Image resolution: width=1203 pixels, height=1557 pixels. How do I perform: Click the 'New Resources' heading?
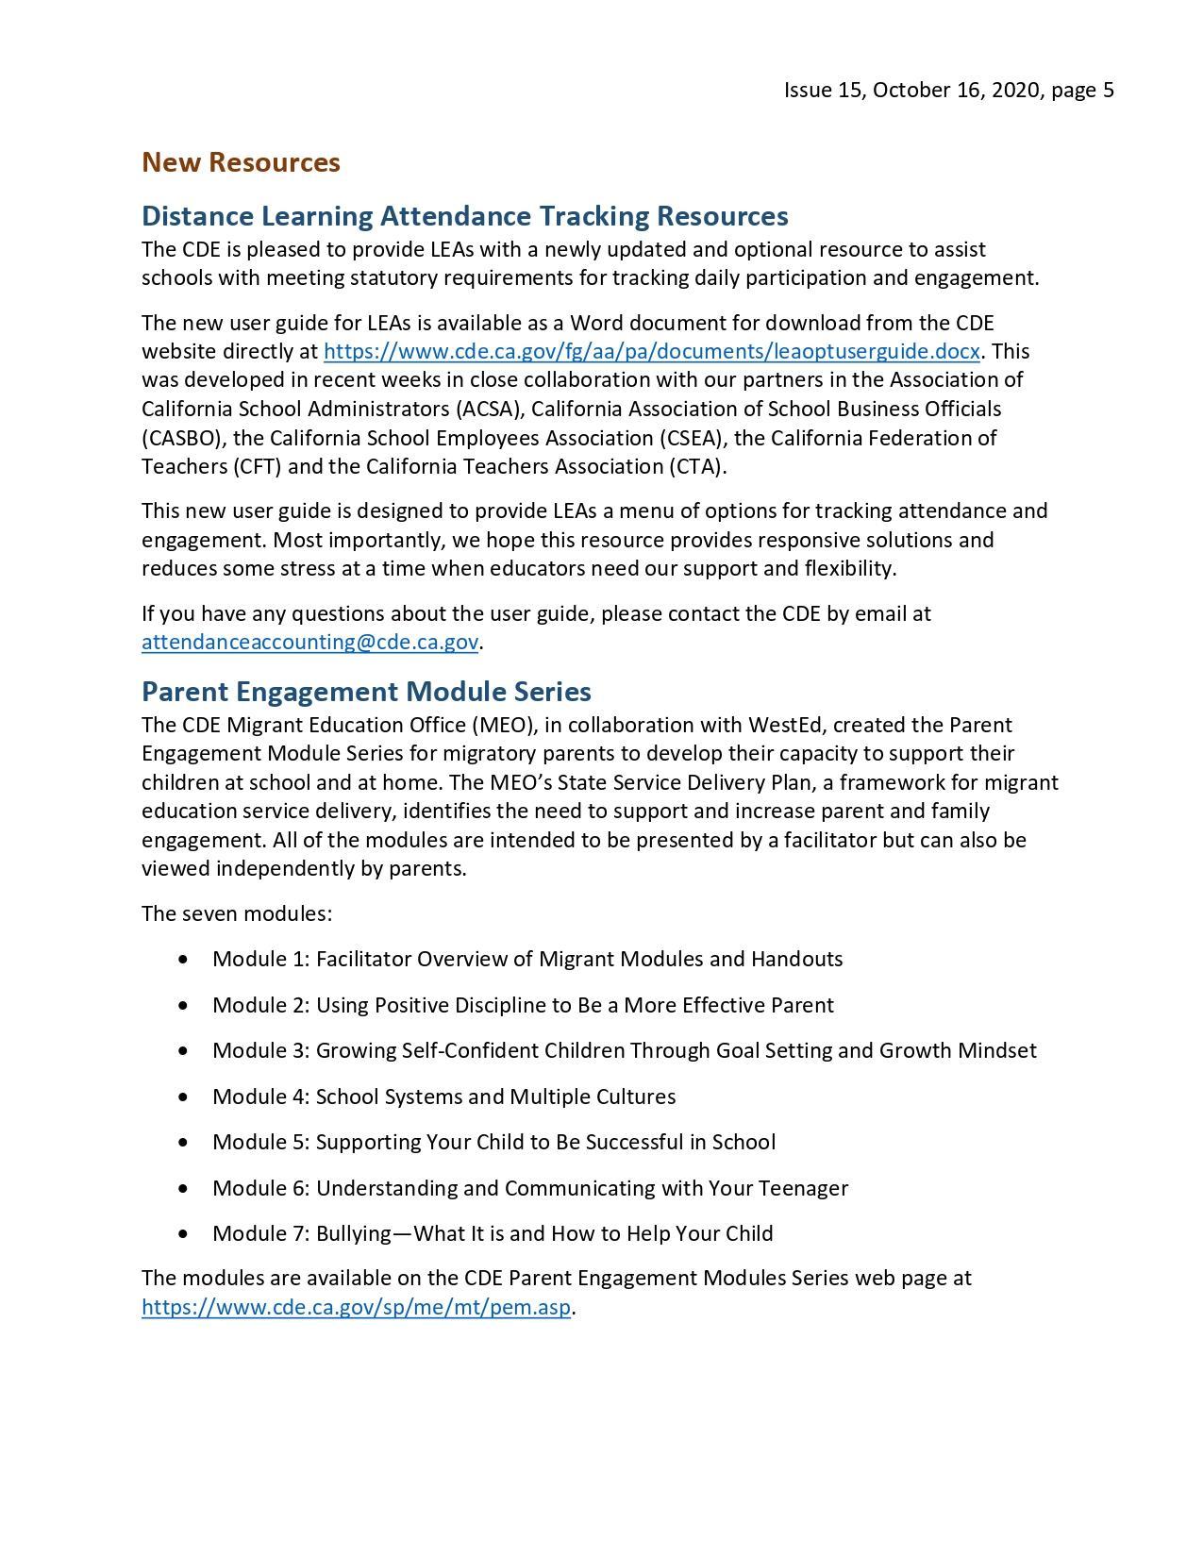(241, 162)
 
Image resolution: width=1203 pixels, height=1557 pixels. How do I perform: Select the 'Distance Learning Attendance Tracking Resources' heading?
(464, 216)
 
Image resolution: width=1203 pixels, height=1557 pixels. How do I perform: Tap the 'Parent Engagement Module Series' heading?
(366, 692)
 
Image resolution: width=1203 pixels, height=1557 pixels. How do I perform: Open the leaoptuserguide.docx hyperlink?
(651, 352)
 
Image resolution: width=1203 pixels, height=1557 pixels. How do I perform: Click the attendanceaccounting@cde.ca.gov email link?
(309, 643)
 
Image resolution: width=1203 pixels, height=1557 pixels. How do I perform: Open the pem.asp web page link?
(356, 1308)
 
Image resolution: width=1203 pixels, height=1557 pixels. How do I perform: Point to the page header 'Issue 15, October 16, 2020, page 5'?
(948, 91)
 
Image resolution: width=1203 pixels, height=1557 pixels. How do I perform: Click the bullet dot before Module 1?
(182, 960)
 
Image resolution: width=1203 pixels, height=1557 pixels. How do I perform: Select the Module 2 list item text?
(523, 1006)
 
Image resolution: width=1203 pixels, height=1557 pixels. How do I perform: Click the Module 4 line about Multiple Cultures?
(443, 1097)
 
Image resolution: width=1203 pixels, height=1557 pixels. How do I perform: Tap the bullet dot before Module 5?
(182, 1143)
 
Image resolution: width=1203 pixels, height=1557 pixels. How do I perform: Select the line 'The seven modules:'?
(237, 914)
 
